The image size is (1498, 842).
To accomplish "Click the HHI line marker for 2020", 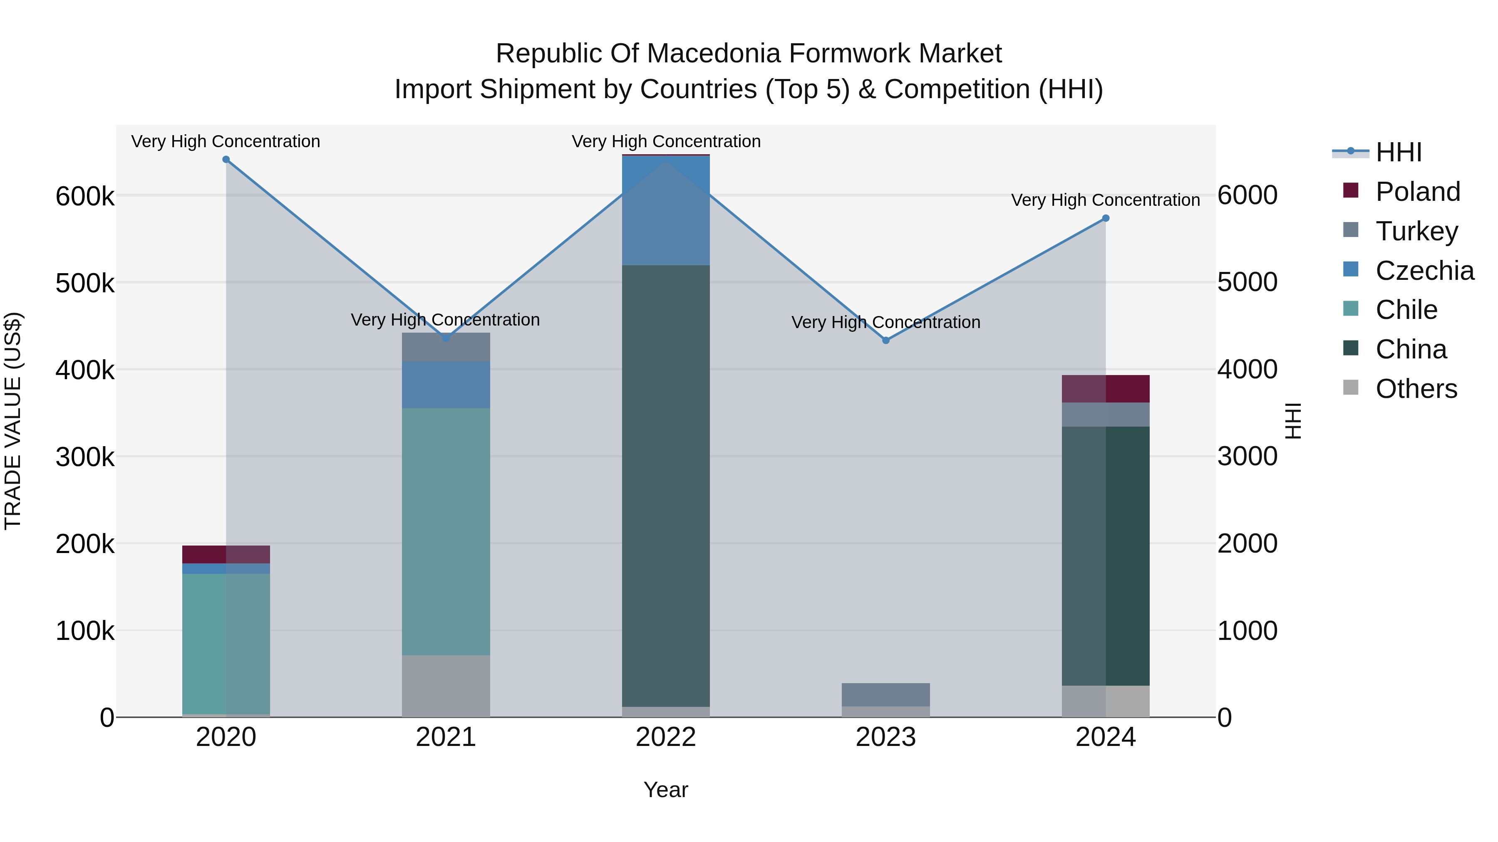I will tap(226, 160).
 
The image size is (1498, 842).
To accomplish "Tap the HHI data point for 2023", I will tap(885, 341).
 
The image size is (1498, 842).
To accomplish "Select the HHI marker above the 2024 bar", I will tap(1106, 218).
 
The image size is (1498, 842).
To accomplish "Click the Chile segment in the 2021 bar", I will tap(446, 532).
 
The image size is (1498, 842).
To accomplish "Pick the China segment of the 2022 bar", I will tap(666, 486).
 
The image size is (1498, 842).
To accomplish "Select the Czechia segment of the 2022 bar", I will tap(666, 210).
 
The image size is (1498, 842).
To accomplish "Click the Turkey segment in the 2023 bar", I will tap(885, 694).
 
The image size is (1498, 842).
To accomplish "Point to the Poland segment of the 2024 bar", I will tap(1106, 389).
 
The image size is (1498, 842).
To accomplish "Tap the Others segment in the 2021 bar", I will tap(446, 686).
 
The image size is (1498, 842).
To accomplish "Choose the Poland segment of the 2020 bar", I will tap(226, 554).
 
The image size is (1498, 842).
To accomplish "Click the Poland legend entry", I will tap(1418, 192).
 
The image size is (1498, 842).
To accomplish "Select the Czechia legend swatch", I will tap(1351, 269).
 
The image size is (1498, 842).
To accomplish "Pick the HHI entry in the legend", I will tap(1399, 152).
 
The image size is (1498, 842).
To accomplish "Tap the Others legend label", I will tap(1416, 389).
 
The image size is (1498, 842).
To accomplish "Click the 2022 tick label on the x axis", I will tap(666, 737).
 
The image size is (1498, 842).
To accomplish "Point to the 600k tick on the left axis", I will tap(85, 196).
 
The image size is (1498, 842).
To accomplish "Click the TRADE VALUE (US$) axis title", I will tap(13, 421).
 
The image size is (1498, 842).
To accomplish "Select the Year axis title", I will tap(666, 790).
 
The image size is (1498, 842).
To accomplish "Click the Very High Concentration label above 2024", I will tap(1106, 200).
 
